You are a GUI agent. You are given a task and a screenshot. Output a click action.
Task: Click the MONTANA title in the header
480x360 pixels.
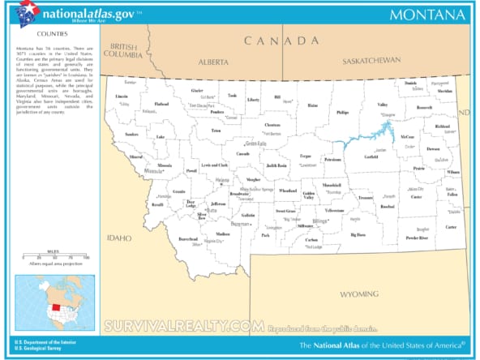(426, 15)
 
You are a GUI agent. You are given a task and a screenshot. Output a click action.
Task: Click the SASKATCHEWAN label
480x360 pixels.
(371, 61)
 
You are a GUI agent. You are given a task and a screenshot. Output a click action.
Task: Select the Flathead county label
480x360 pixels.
(161, 104)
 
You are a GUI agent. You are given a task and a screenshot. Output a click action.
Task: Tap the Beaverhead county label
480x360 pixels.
(187, 239)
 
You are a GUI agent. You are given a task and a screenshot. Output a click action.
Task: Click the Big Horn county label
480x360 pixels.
(358, 234)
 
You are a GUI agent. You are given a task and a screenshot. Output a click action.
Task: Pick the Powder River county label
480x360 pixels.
(418, 238)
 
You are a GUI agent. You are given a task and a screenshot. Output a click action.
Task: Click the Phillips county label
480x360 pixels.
(342, 113)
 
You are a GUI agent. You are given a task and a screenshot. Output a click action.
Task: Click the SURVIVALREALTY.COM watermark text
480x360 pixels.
(183, 326)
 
